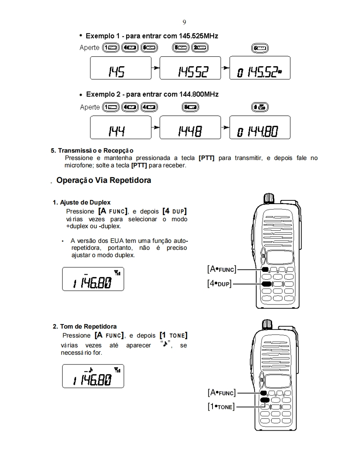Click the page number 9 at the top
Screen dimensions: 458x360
tap(184, 22)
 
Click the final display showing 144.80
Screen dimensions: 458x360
tap(260, 127)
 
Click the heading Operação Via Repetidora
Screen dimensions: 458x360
tap(104, 180)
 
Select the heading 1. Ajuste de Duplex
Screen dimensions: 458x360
tap(82, 202)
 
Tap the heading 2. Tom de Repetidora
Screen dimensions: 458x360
tap(85, 326)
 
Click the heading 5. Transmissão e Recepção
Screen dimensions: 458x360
tap(92, 150)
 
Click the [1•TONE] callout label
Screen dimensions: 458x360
tap(221, 407)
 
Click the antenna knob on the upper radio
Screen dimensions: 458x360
tap(269, 198)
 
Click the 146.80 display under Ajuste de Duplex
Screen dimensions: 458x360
tap(93, 279)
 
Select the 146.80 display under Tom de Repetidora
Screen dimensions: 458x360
tap(93, 376)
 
